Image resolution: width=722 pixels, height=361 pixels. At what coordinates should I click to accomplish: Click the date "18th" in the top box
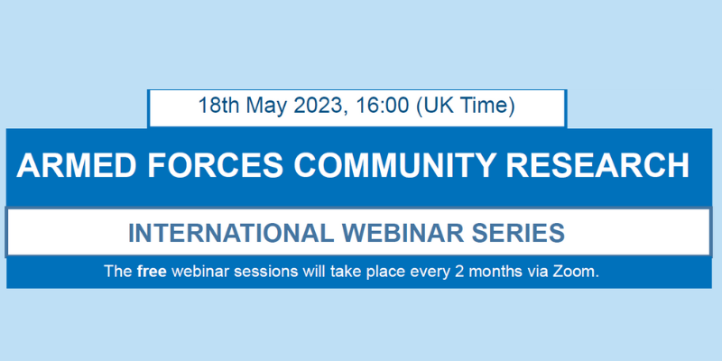coord(219,106)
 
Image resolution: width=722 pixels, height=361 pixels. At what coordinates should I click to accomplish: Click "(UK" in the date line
coord(434,106)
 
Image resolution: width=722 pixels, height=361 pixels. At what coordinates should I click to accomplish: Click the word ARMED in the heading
coord(77,165)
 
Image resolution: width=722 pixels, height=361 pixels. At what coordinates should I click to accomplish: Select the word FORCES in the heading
coord(216,165)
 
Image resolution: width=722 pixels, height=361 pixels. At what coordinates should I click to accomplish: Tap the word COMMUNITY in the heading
coord(395,165)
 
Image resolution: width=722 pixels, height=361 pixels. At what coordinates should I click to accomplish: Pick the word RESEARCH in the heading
coord(597,165)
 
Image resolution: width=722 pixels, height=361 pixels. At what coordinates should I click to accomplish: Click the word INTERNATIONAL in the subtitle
coord(231,233)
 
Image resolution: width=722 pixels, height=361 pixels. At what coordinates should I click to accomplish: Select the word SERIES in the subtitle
coord(516,233)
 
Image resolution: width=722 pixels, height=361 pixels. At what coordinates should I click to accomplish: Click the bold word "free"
coord(152,271)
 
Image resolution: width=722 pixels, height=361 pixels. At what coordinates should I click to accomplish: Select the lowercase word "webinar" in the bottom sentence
coord(199,271)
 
